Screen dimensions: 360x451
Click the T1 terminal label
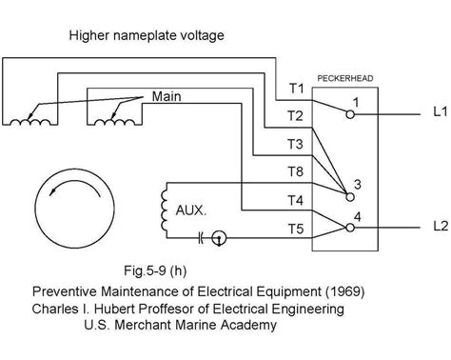click(x=296, y=89)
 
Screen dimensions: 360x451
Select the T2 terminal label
click(x=296, y=116)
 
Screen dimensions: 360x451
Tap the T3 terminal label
click(x=296, y=145)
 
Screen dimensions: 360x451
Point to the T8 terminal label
click(x=296, y=172)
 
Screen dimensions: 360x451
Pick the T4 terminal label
click(x=296, y=200)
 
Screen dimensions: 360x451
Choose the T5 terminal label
click(x=296, y=229)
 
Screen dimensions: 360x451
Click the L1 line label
click(x=438, y=111)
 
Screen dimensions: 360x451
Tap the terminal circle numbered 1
click(x=350, y=113)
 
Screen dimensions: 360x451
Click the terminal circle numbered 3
click(x=350, y=196)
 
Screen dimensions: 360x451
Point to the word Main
click(x=167, y=96)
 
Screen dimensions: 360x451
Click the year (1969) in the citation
click(x=336, y=290)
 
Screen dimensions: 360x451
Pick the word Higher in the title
click(x=90, y=36)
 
